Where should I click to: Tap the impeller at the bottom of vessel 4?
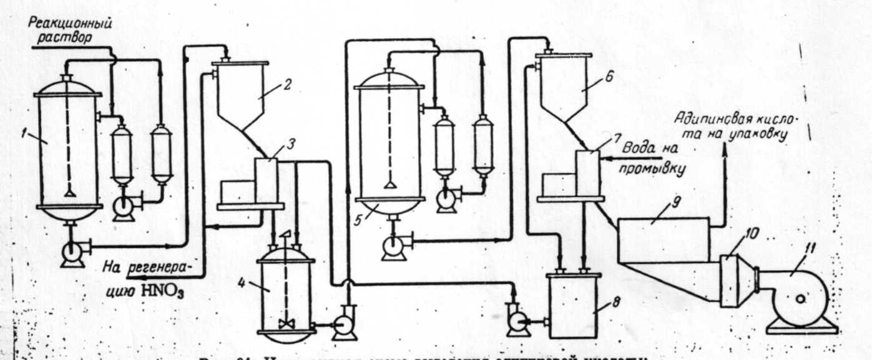pyautogui.click(x=285, y=324)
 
